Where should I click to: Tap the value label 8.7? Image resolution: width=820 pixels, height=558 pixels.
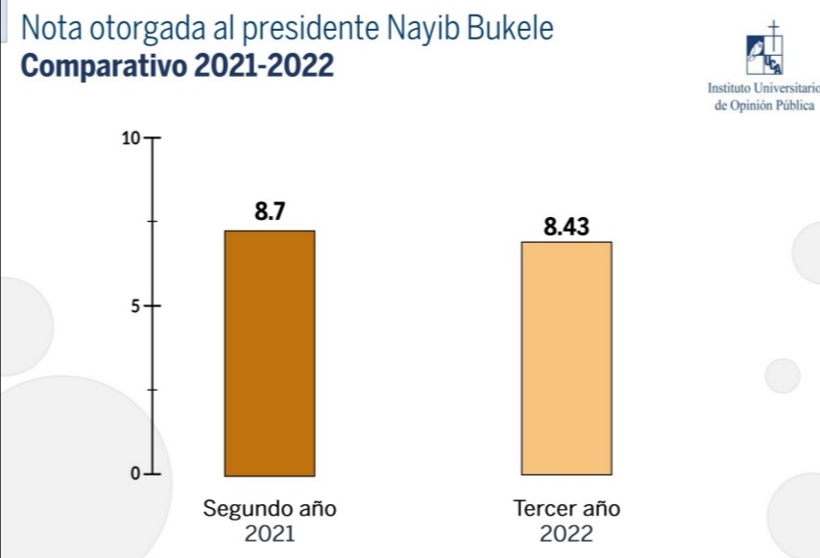(x=270, y=212)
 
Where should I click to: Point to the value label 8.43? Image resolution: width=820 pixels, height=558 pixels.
(x=566, y=227)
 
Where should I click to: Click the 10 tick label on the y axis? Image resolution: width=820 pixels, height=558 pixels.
(x=131, y=138)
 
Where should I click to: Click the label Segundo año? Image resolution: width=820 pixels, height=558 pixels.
(x=270, y=509)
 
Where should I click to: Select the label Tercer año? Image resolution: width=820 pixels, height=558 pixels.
(x=567, y=509)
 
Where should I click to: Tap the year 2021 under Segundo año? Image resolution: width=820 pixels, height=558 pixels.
(x=270, y=534)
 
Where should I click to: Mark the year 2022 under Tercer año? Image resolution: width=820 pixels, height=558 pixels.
(x=567, y=534)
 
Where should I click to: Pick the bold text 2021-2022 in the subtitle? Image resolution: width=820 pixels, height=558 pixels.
(x=263, y=67)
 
